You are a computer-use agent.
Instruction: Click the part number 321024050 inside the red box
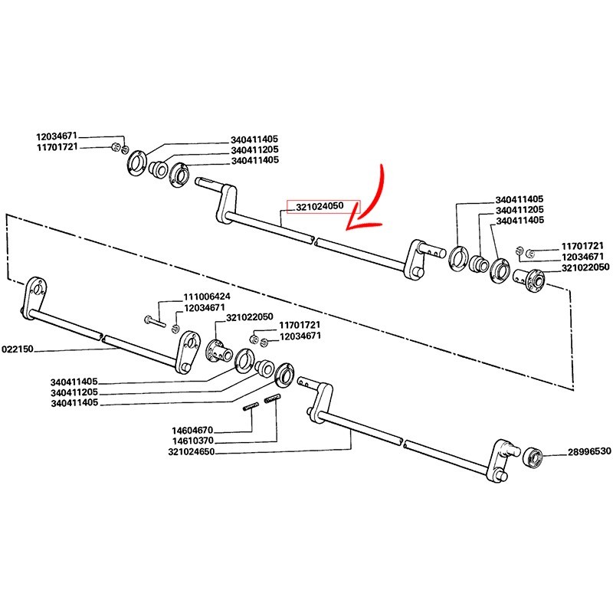pos(323,206)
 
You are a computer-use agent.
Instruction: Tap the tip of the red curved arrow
pos(347,227)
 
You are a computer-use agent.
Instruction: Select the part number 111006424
pos(206,297)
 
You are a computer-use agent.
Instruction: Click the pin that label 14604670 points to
pos(249,407)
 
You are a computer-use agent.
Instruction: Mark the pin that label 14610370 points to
pos(274,398)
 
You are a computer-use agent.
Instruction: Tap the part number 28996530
pos(590,451)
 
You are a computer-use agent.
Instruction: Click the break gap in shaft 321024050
pos(313,241)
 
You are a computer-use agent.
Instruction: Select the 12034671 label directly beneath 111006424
pos(204,307)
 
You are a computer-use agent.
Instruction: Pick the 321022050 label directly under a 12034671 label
pos(585,267)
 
